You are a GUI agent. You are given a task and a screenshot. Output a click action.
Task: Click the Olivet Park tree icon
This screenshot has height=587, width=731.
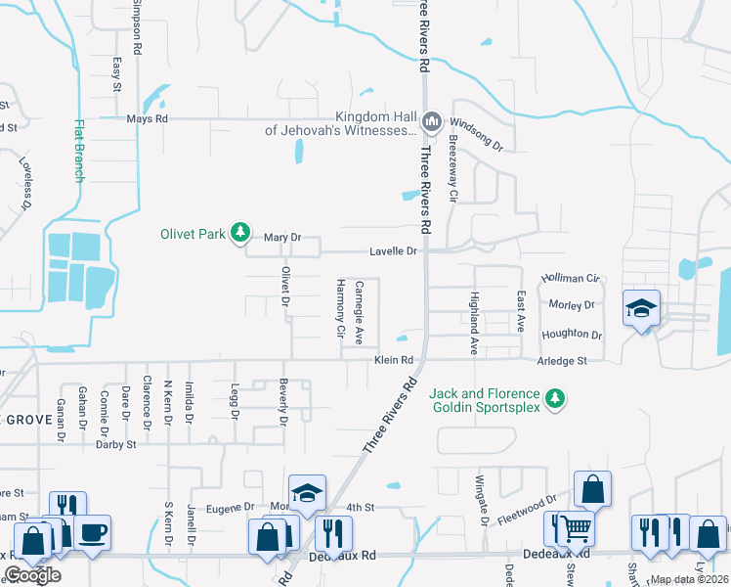point(239,233)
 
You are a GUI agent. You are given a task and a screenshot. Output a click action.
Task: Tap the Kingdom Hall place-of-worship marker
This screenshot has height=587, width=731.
point(432,122)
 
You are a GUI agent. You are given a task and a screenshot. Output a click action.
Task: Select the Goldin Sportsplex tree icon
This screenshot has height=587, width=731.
point(555,397)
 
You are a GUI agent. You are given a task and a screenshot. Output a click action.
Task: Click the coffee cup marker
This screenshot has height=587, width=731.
point(93,533)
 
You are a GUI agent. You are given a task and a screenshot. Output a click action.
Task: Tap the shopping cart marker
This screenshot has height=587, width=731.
point(577,529)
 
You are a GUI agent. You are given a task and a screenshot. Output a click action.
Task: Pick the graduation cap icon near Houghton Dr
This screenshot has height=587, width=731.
point(641,308)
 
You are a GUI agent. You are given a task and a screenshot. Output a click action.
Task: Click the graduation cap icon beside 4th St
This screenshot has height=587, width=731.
point(307,494)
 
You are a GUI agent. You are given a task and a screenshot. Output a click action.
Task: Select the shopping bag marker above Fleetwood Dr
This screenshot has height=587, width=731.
point(592,489)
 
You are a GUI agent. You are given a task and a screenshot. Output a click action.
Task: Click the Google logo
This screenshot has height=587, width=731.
point(32,575)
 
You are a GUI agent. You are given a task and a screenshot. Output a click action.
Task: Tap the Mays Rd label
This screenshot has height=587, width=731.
point(148,119)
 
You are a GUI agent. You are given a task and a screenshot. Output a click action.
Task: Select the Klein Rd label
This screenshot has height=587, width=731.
point(394,360)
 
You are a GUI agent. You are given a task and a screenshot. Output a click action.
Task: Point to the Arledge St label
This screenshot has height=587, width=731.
point(563,360)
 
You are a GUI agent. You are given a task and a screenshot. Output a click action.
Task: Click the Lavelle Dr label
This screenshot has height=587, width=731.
point(393,251)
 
